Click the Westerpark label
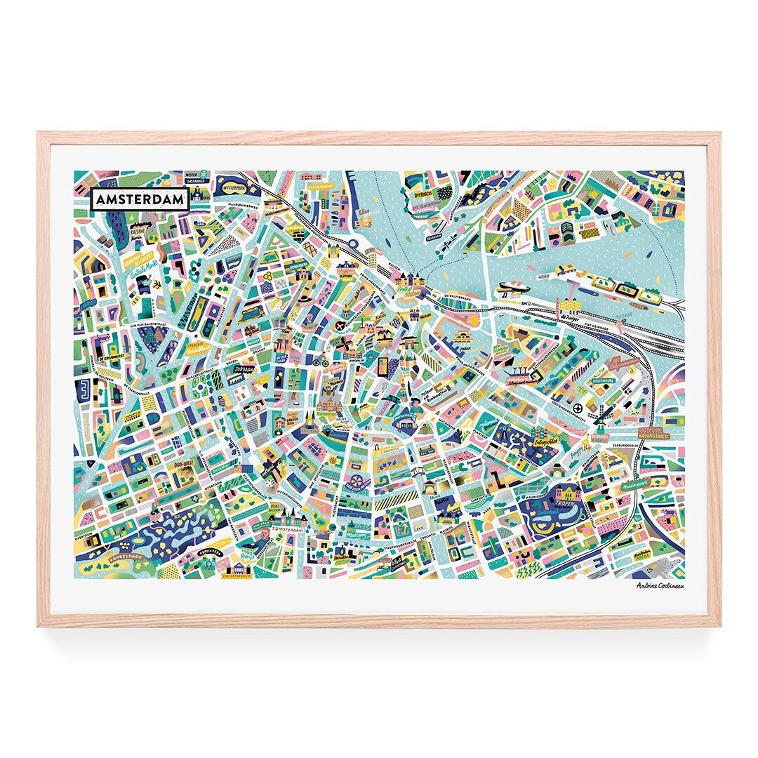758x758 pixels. tap(234, 189)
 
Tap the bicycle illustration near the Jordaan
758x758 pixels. tap(321, 363)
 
